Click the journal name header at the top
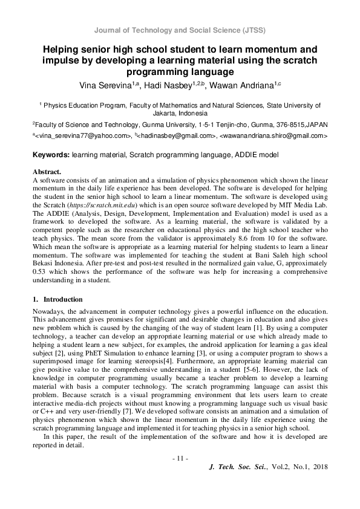[x=180, y=30]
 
